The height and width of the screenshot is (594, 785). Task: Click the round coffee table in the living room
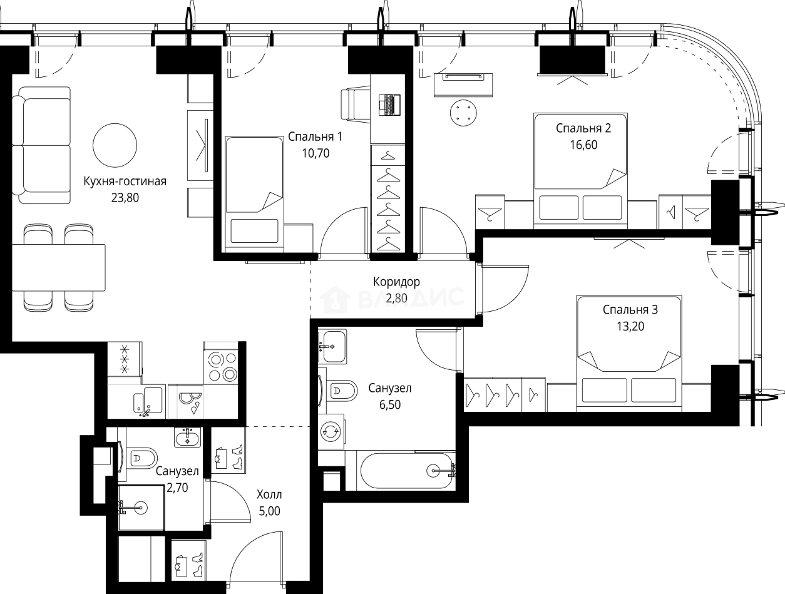(115, 145)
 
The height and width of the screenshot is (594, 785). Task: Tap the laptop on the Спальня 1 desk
(389, 105)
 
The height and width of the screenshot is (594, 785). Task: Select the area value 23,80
(125, 197)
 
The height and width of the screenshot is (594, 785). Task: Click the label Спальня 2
(583, 128)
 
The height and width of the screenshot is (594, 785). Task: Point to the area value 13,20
(630, 326)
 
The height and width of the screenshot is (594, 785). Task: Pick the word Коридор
(396, 282)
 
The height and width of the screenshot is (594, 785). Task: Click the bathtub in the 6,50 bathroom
(408, 471)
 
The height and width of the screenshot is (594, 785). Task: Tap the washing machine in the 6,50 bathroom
(331, 431)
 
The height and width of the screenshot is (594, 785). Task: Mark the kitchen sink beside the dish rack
(148, 402)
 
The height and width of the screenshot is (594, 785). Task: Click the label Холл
(269, 494)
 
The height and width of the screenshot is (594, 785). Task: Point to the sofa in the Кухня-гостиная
(41, 145)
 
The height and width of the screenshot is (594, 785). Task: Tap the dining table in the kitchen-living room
(59, 267)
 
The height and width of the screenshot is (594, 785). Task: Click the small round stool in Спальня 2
(463, 113)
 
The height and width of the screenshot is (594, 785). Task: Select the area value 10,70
(316, 153)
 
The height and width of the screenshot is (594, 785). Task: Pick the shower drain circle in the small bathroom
(141, 507)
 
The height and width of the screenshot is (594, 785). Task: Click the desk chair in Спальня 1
(355, 105)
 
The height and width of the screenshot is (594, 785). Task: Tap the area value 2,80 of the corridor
(397, 298)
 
